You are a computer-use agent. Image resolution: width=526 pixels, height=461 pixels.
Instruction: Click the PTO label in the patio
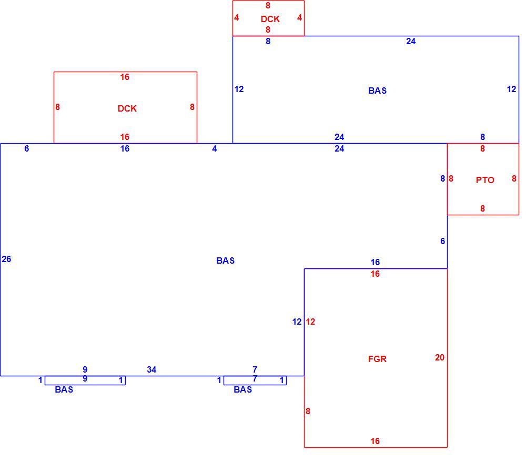point(485,180)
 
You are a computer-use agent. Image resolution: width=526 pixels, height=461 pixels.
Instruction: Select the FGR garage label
point(377,359)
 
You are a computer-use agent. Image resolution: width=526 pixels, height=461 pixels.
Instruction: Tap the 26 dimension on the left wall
point(6,259)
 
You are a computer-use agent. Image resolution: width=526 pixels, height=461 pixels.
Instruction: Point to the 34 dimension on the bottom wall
point(151,370)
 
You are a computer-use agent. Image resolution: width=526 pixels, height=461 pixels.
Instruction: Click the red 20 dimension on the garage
point(439,358)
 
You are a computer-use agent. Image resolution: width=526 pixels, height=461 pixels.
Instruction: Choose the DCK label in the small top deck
point(270,19)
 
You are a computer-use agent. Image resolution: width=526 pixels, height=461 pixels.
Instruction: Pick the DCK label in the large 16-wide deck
point(127,109)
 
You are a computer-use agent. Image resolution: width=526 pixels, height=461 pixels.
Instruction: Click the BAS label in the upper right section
point(377,91)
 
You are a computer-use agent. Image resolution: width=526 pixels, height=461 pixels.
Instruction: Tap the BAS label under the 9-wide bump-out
point(64,389)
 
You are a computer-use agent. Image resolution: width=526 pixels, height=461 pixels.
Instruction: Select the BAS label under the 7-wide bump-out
point(242,389)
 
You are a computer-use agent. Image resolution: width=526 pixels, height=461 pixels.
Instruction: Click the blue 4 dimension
point(215,148)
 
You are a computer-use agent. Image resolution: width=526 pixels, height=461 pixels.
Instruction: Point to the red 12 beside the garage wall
point(310,322)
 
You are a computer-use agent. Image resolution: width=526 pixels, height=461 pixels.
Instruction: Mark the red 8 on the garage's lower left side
point(308,412)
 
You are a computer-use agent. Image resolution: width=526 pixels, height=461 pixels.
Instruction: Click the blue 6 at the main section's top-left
point(26,148)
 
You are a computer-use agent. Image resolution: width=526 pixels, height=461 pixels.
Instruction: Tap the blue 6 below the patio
point(442,241)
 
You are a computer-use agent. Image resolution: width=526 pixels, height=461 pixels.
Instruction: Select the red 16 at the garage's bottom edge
point(375,441)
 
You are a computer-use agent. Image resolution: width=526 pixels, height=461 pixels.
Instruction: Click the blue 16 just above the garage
point(375,262)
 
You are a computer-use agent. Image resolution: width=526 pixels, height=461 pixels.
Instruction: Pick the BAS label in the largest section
point(226,260)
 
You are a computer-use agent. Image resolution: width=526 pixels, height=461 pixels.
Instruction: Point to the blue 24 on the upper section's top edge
point(411,41)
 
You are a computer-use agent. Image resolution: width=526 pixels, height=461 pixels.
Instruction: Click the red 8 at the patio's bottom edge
point(482,209)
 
